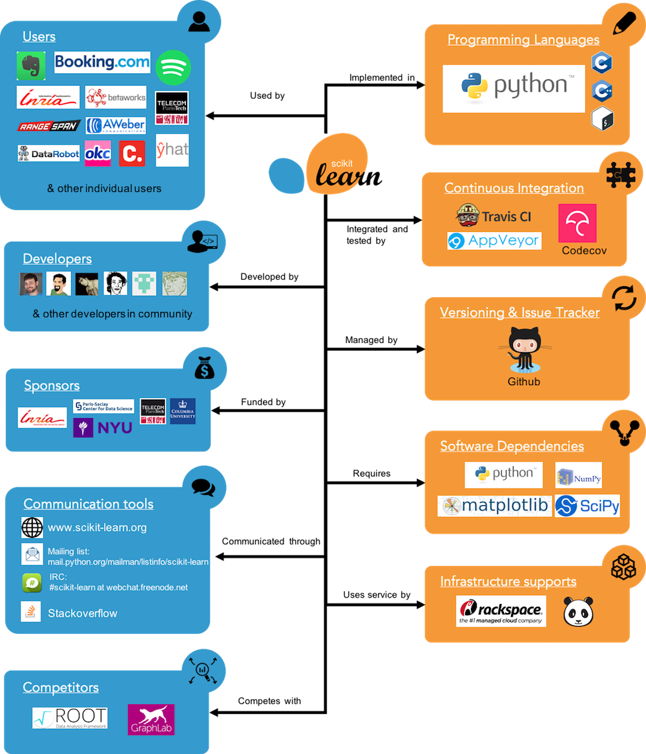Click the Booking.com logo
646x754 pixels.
(102, 63)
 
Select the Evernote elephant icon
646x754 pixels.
(31, 66)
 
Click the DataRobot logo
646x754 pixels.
(49, 153)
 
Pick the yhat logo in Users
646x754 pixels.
(172, 151)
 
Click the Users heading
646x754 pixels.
(39, 36)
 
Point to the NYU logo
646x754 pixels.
(103, 427)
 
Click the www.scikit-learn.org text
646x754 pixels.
(97, 527)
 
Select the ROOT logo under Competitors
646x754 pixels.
(70, 718)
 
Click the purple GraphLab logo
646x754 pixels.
(151, 719)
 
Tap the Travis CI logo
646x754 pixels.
(494, 216)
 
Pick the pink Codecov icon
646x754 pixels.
(578, 224)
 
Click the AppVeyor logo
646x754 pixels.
(494, 241)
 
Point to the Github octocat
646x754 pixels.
(523, 350)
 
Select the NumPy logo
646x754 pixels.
(579, 476)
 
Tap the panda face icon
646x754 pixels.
(578, 611)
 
